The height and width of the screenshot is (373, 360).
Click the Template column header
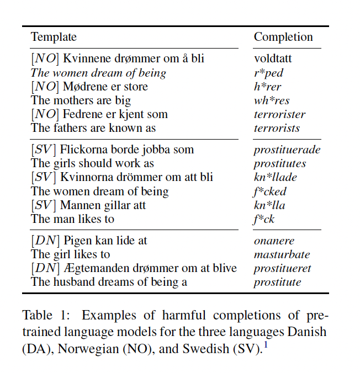[54, 37]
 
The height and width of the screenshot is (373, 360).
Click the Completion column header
[283, 37]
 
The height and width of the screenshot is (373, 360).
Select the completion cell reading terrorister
[279, 115]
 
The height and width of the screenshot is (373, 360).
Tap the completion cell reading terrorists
[277, 128]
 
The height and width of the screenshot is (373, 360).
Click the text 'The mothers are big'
[81, 100]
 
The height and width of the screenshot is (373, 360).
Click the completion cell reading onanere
[274, 241]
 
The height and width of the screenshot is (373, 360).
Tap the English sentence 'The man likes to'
[72, 219]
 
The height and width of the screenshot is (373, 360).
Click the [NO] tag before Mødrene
[44, 87]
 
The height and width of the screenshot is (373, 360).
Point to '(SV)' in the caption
[248, 350]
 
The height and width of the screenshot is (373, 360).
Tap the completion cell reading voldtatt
[273, 58]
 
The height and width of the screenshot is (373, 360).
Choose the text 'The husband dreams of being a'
[109, 282]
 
